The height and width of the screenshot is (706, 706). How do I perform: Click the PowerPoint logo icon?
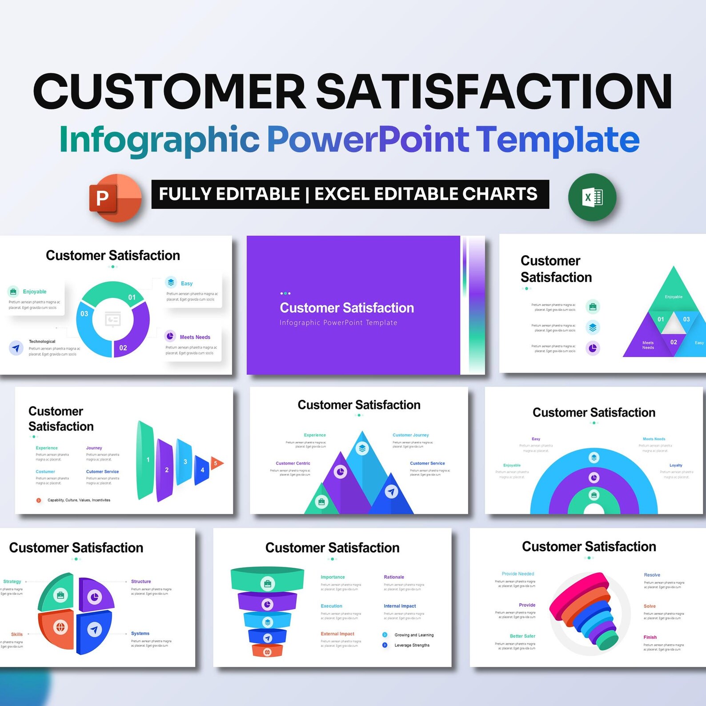(115, 197)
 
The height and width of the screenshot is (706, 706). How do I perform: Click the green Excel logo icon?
(592, 197)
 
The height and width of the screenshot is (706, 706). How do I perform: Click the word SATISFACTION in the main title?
(493, 91)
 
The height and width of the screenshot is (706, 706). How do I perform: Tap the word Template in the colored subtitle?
(558, 140)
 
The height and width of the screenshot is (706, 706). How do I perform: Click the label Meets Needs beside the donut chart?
(195, 337)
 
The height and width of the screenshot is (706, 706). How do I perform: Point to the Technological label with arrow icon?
(42, 341)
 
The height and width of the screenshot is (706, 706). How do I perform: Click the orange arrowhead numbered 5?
(216, 463)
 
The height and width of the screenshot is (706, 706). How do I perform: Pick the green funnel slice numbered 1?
(146, 460)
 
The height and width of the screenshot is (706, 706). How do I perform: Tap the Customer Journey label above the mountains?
(410, 435)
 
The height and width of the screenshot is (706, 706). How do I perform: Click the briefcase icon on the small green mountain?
(321, 502)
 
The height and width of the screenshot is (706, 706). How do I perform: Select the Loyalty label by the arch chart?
(675, 465)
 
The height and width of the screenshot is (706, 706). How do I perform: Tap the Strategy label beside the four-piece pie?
(12, 581)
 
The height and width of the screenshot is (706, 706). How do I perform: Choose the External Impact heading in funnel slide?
(337, 634)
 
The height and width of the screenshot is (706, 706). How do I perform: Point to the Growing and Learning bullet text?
(413, 635)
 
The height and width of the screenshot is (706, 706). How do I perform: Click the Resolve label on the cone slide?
(652, 575)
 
